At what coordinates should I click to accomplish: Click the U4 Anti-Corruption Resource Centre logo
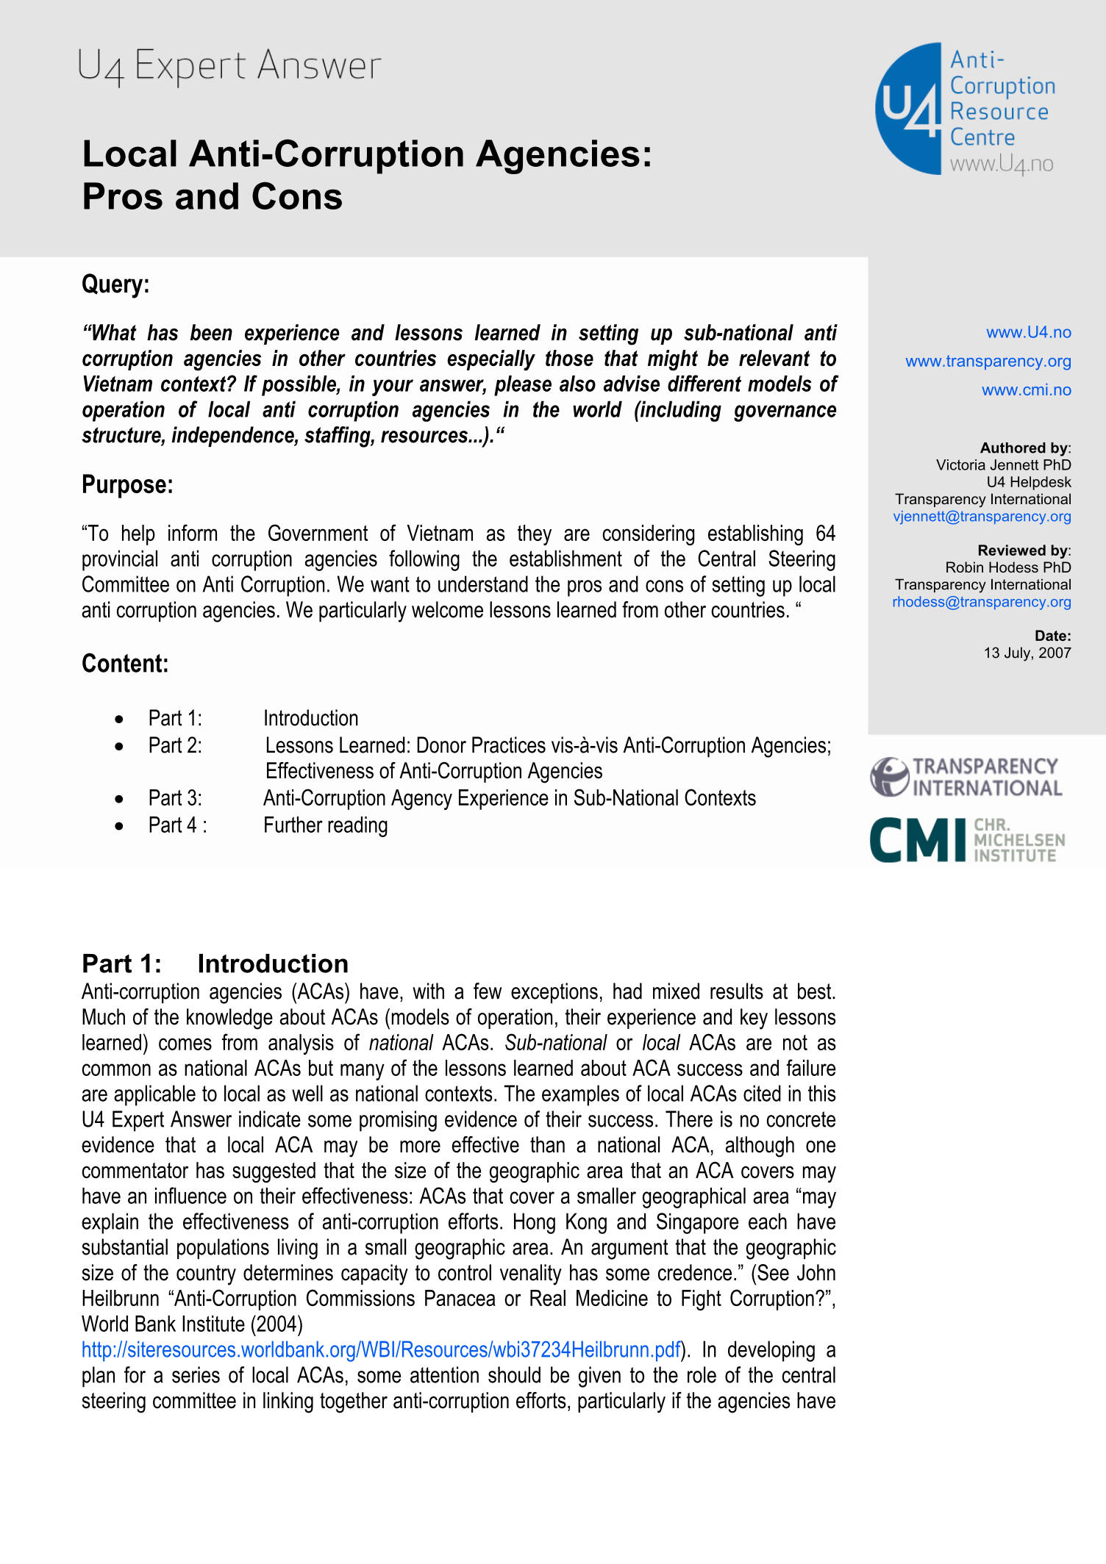click(x=965, y=110)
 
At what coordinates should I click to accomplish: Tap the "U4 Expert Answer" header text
click(x=229, y=66)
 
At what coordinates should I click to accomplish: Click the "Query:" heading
click(x=115, y=284)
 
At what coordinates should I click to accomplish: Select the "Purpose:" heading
click(x=127, y=485)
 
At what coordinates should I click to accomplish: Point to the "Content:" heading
click(x=125, y=664)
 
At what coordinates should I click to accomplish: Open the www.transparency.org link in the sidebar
click(x=988, y=361)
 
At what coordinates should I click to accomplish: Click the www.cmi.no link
click(x=1026, y=390)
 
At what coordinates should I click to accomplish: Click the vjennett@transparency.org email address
click(x=982, y=516)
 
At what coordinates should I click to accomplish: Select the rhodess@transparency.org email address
click(x=981, y=602)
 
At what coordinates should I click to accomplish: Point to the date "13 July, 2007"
click(x=1027, y=653)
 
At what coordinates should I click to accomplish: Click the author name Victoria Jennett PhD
click(x=1003, y=464)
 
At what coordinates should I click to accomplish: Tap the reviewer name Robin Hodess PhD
click(x=1007, y=567)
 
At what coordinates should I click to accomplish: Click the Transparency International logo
click(x=966, y=777)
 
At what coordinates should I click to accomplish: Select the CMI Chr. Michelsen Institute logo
click(x=966, y=839)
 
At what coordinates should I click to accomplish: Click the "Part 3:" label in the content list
click(x=175, y=798)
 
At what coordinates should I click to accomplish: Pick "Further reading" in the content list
click(x=325, y=825)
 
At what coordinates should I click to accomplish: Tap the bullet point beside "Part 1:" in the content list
click(x=119, y=719)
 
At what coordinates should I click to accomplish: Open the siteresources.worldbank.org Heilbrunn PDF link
click(x=381, y=1350)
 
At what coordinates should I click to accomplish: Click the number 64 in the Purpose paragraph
click(x=825, y=534)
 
